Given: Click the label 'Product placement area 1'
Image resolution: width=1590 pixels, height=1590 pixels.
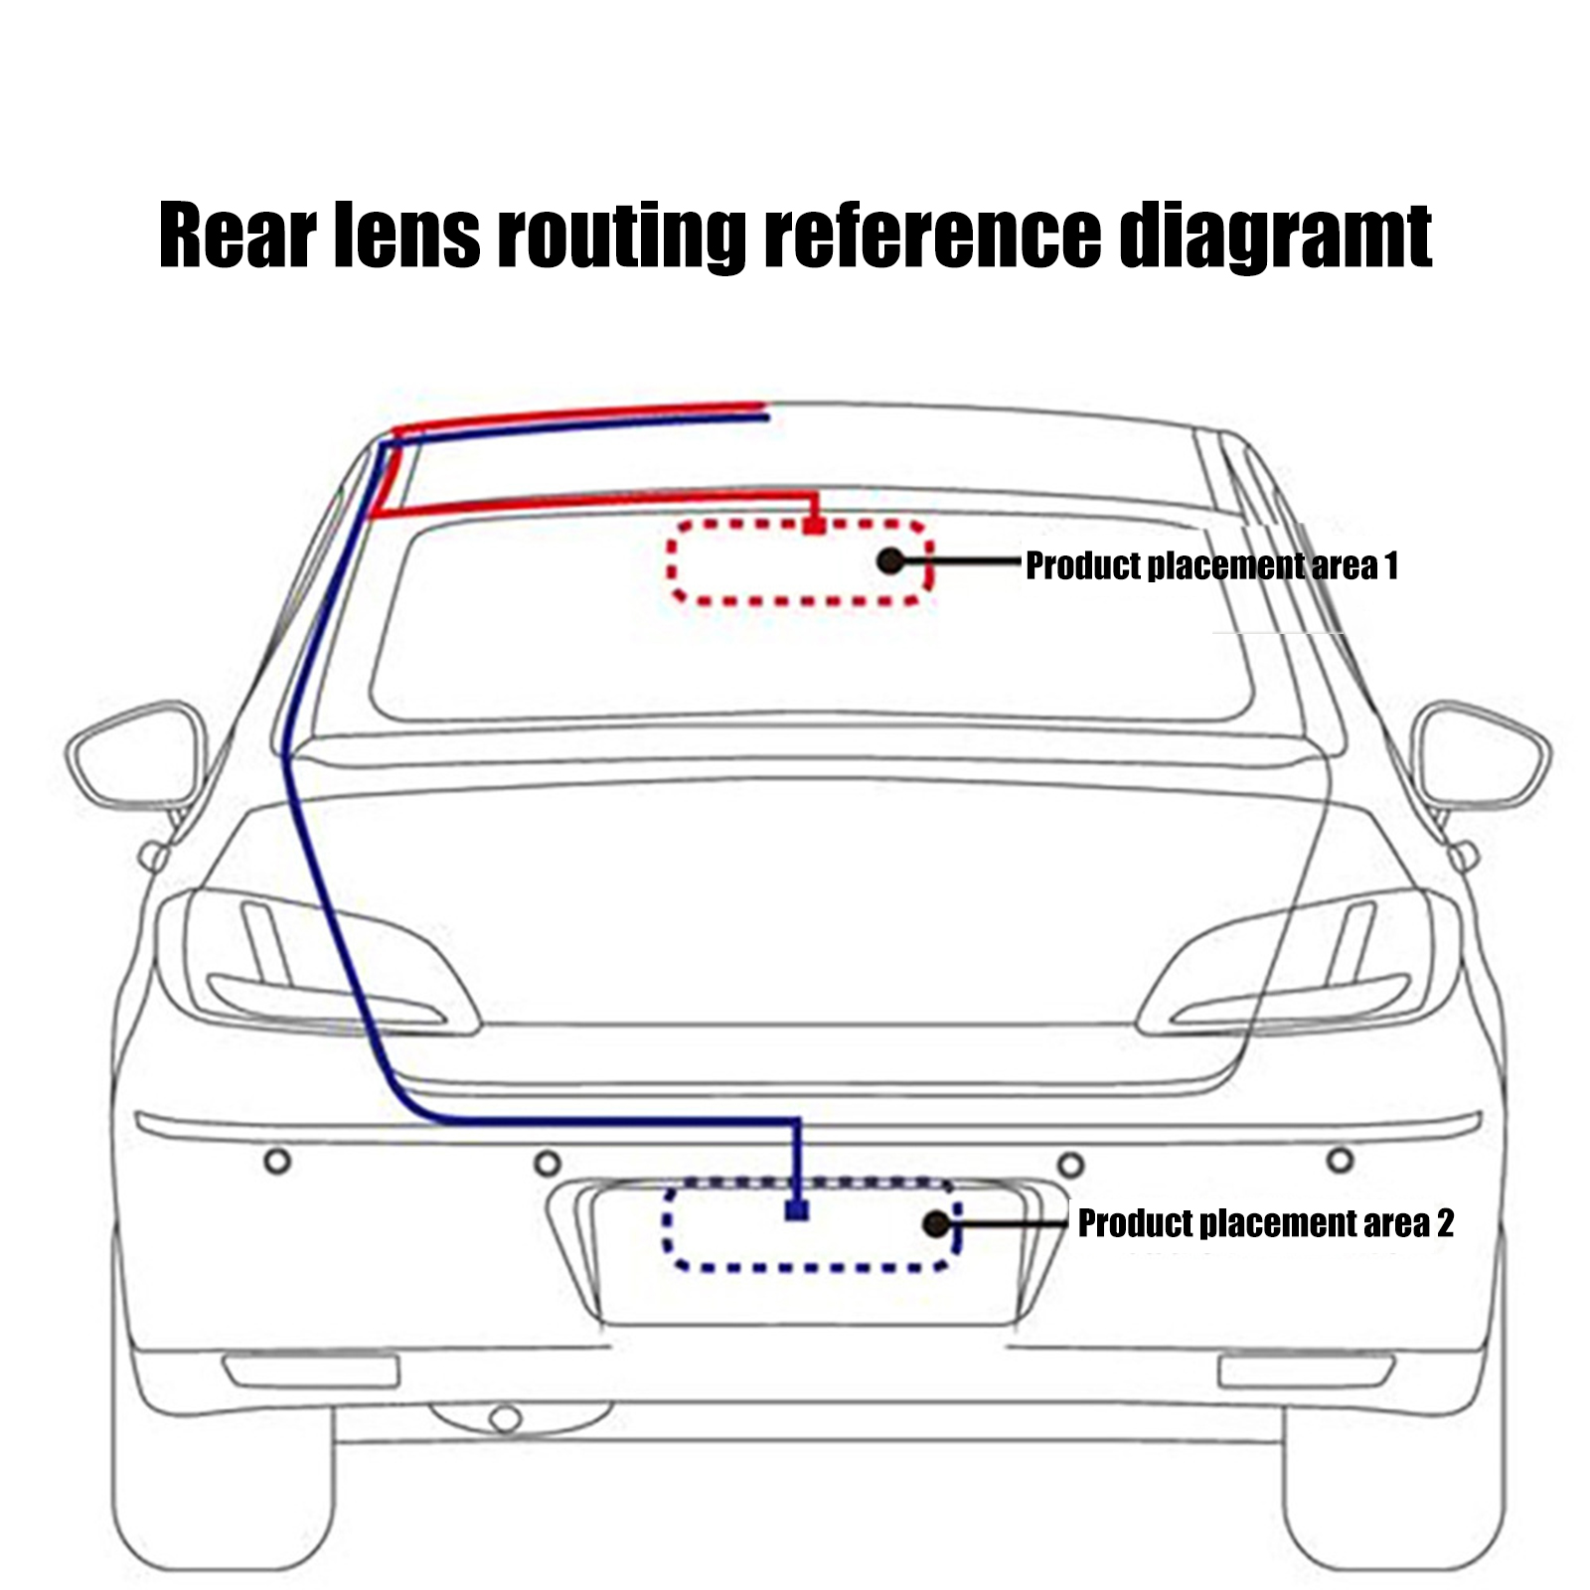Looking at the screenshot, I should [x=1211, y=565].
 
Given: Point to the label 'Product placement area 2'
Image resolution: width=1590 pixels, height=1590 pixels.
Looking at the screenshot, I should [x=1265, y=1222].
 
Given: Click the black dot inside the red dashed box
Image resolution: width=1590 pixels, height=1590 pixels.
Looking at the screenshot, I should [x=891, y=561].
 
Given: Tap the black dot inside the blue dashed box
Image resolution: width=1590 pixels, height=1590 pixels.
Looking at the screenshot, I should [x=936, y=1223].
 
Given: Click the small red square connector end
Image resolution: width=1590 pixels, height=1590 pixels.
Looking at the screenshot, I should [x=814, y=524].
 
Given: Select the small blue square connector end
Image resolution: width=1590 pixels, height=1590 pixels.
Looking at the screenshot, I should [x=797, y=1209].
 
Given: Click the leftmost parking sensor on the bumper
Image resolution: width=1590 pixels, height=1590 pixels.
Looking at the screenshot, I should [x=278, y=1160].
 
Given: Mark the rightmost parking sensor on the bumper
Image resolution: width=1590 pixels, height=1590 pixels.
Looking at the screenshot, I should [x=1340, y=1159].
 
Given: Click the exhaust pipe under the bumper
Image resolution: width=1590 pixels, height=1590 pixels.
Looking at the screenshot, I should [x=505, y=1418].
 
